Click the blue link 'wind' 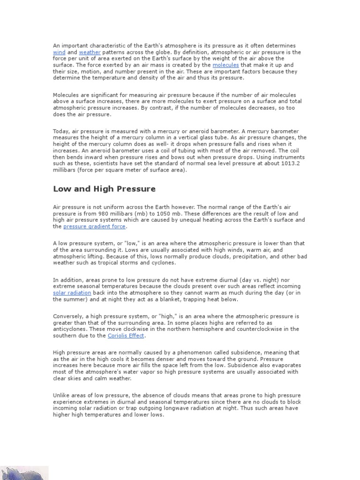pyautogui.click(x=59, y=52)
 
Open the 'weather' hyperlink pyautogui.click(x=90, y=52)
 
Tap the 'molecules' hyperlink pyautogui.click(x=225, y=65)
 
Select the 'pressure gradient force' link pyautogui.click(x=94, y=226)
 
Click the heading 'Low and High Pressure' pyautogui.click(x=104, y=189)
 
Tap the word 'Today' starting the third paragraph pyautogui.click(x=61, y=131)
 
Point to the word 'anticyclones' pyautogui.click(x=69, y=329)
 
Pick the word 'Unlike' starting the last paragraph pyautogui.click(x=61, y=396)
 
